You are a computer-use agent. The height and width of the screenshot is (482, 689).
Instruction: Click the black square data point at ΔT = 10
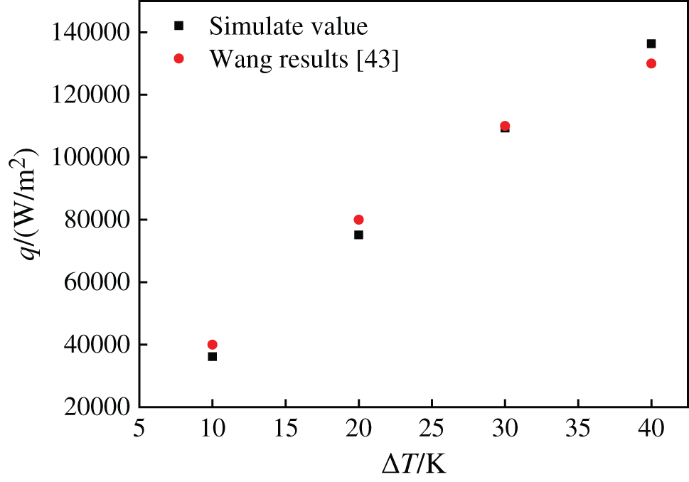212,356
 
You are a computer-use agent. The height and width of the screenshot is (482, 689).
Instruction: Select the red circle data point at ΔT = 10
212,345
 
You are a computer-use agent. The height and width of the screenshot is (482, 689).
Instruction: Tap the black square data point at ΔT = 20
358,235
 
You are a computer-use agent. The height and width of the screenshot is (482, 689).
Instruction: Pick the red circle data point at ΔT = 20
358,220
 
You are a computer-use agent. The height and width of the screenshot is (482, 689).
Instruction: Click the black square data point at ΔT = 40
651,43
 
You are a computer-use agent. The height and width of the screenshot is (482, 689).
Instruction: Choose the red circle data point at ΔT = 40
651,63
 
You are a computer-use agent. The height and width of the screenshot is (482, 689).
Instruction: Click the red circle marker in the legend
179,59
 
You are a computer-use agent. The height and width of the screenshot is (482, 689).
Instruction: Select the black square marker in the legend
179,26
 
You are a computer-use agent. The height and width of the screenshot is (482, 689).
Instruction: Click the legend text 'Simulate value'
288,26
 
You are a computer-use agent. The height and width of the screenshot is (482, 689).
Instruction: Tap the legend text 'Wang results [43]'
304,60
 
